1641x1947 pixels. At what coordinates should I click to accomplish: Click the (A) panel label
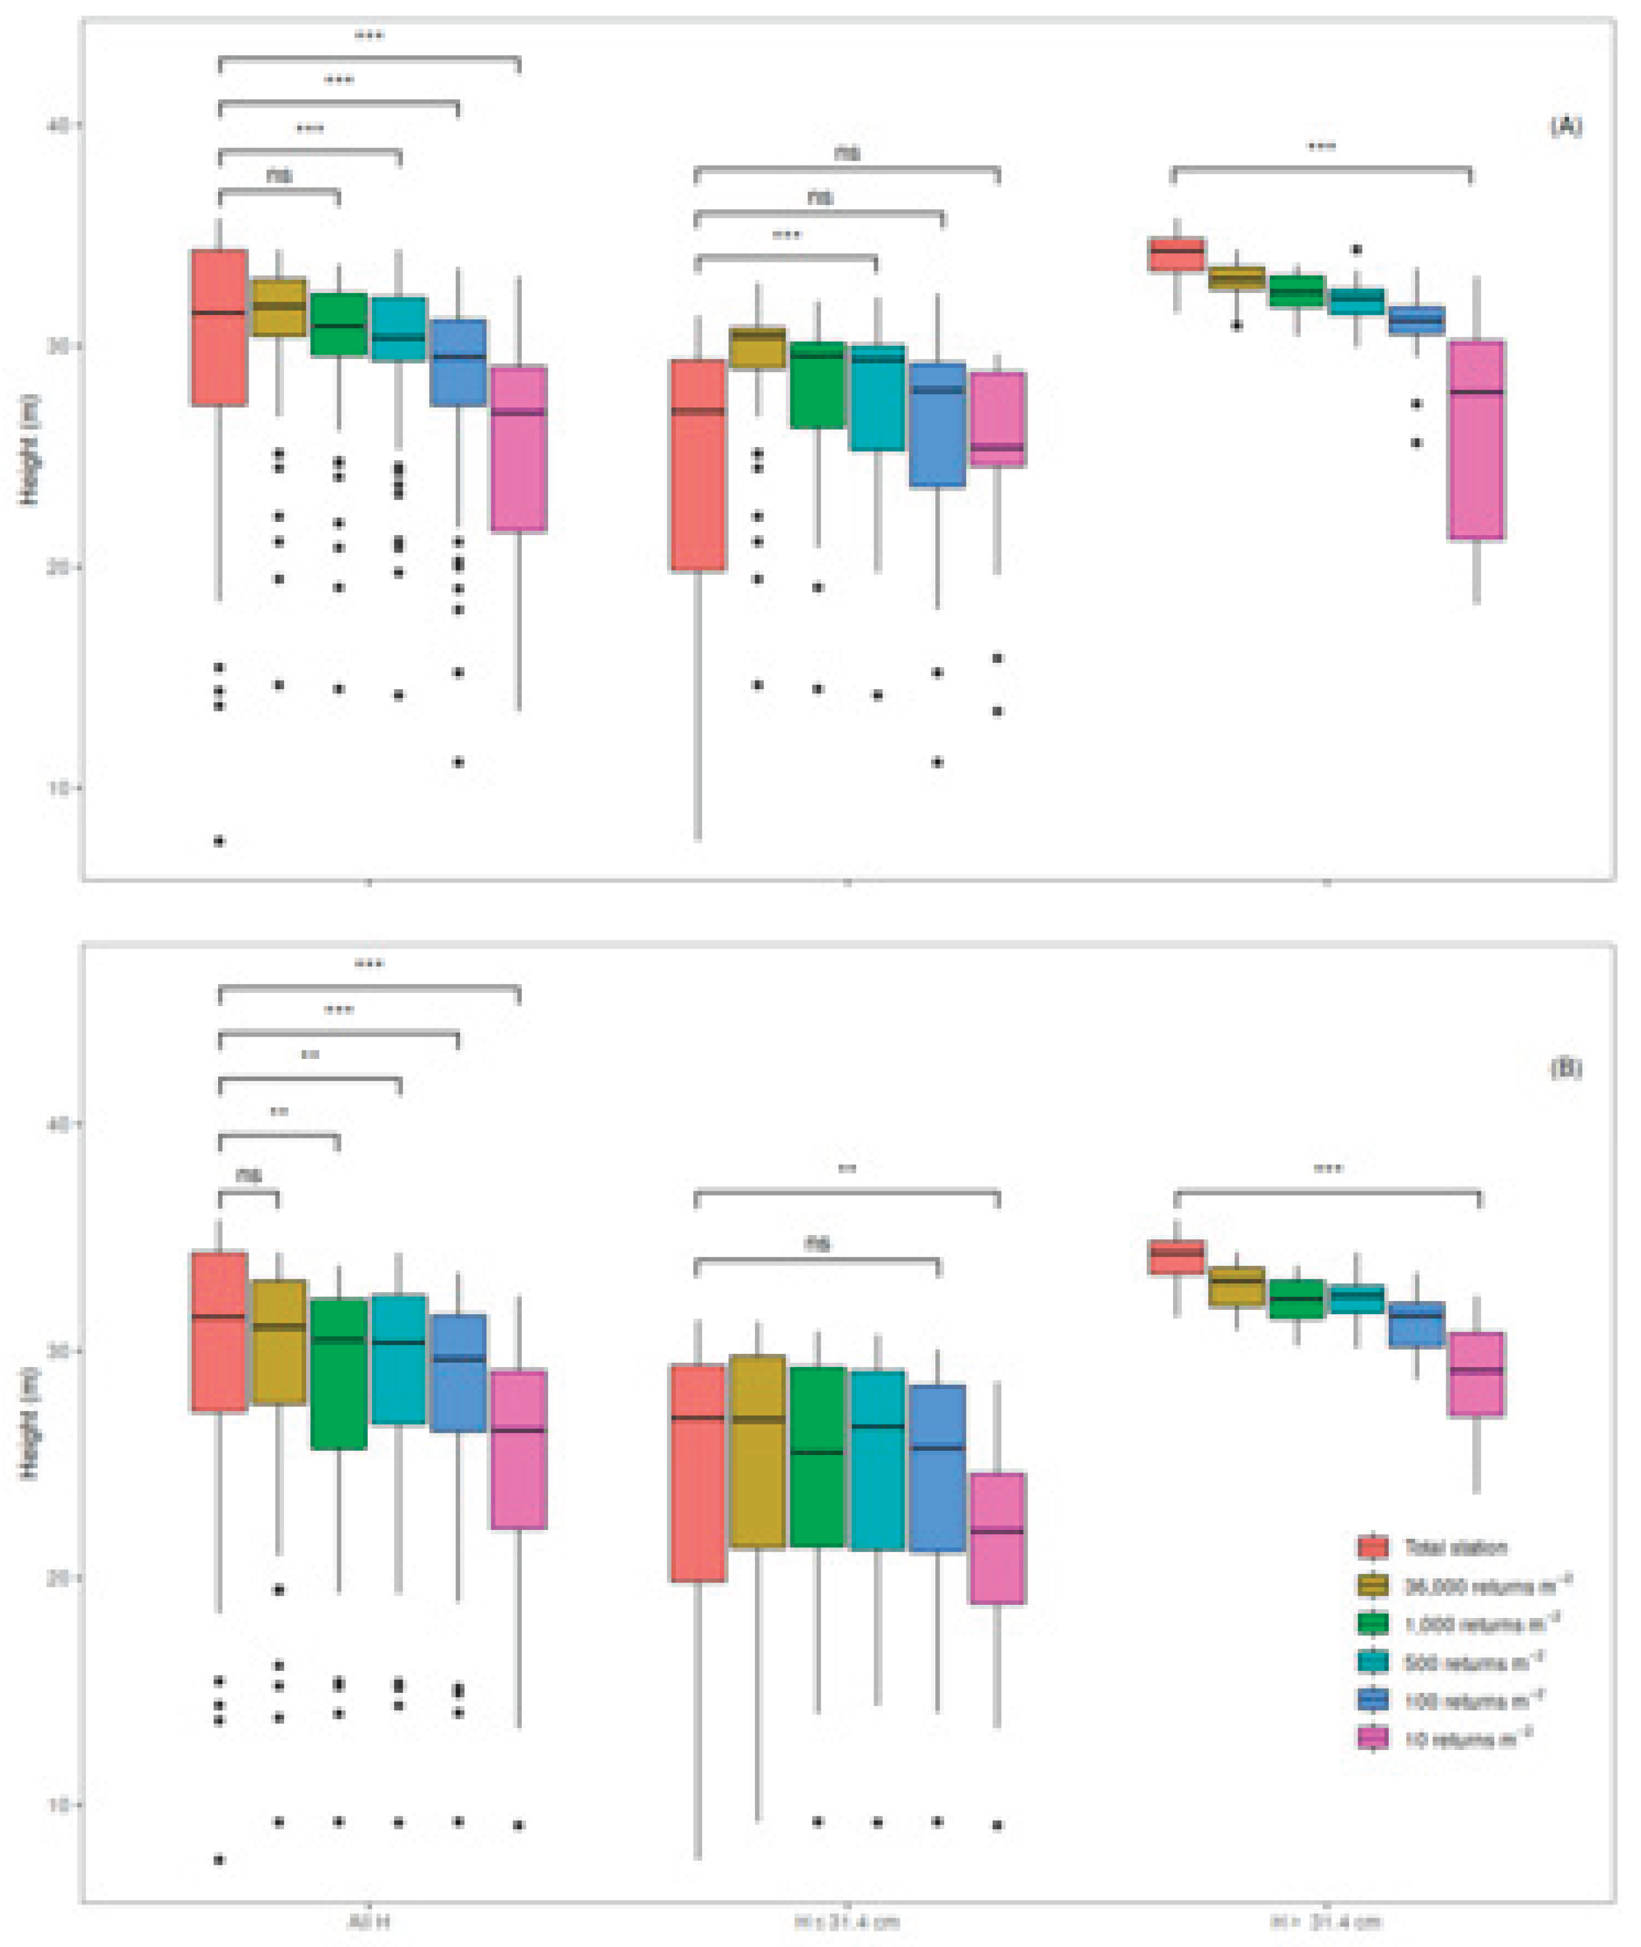pyautogui.click(x=1565, y=126)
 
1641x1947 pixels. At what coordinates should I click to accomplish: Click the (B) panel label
pyautogui.click(x=1565, y=1067)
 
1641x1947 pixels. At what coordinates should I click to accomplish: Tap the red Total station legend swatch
pyautogui.click(x=1373, y=1547)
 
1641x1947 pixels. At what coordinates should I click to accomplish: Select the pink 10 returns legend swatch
pyautogui.click(x=1373, y=1738)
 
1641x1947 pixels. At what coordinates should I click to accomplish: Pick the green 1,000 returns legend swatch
pyautogui.click(x=1373, y=1624)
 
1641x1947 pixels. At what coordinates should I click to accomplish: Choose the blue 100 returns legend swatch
pyautogui.click(x=1373, y=1701)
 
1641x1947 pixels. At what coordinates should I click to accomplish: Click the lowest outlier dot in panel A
pyautogui.click(x=219, y=841)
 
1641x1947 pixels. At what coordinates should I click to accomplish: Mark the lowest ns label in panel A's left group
pyautogui.click(x=279, y=174)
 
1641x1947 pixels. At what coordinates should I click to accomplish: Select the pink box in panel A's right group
pyautogui.click(x=1476, y=440)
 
